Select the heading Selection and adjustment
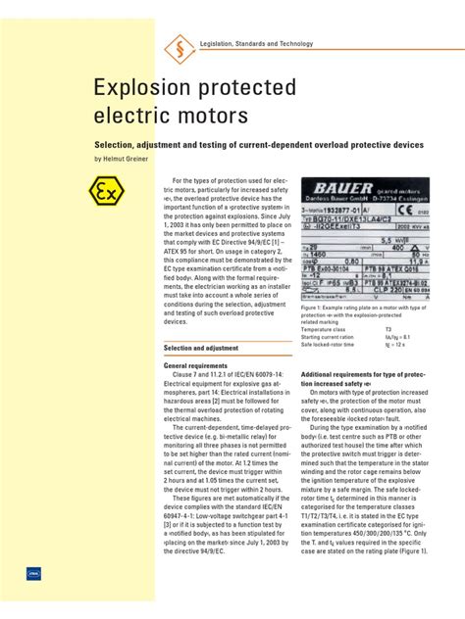pos(201,348)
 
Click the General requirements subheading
pos(203,365)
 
